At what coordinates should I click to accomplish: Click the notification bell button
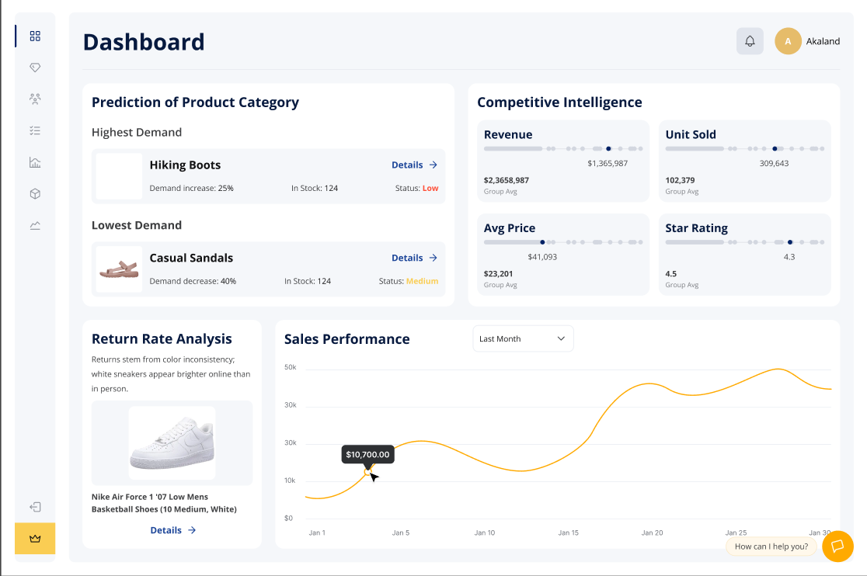point(750,41)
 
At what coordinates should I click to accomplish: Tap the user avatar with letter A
point(788,41)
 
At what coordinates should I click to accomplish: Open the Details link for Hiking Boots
point(414,165)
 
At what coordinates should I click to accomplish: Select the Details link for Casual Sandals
point(414,258)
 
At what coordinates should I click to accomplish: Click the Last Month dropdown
point(523,338)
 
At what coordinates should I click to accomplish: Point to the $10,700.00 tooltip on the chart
point(367,454)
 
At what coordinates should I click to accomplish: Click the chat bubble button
point(837,546)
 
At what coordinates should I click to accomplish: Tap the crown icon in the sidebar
point(35,538)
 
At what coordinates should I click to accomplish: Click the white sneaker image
point(172,443)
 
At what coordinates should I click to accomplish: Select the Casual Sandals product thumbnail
point(119,269)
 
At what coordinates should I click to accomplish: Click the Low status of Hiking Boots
point(430,188)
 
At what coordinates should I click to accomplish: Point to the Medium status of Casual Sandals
point(422,281)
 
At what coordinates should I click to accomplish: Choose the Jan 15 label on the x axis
point(569,533)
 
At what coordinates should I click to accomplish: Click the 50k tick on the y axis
point(290,366)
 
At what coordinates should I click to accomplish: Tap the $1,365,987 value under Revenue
point(608,163)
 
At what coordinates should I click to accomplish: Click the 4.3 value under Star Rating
point(789,256)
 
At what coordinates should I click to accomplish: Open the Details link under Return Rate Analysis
point(172,530)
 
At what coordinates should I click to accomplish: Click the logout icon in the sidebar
point(35,507)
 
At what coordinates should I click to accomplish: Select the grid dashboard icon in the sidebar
point(35,36)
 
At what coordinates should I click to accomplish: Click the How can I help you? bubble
point(771,547)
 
